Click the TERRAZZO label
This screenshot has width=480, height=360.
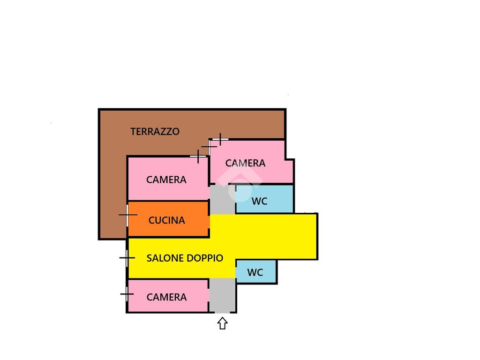tap(155, 132)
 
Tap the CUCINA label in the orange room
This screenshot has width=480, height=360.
tap(166, 220)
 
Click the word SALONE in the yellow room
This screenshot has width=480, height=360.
tap(165, 258)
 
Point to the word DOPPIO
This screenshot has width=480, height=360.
tap(205, 258)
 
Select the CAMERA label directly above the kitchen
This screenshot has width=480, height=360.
tap(166, 180)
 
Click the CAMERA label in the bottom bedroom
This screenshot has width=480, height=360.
tap(166, 297)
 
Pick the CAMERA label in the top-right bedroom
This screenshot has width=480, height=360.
tap(245, 163)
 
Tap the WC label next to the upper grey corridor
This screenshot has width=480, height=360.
tap(259, 202)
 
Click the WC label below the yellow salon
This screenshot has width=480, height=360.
tap(255, 272)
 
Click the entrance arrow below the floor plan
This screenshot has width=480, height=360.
tap(222, 323)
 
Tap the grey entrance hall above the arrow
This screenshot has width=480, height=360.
tap(222, 295)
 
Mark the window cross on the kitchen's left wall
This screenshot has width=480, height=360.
tap(127, 215)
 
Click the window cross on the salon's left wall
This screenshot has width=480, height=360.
tap(127, 257)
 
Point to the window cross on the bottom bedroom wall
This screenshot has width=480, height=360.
tap(127, 294)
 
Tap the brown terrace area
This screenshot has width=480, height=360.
tap(112, 187)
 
